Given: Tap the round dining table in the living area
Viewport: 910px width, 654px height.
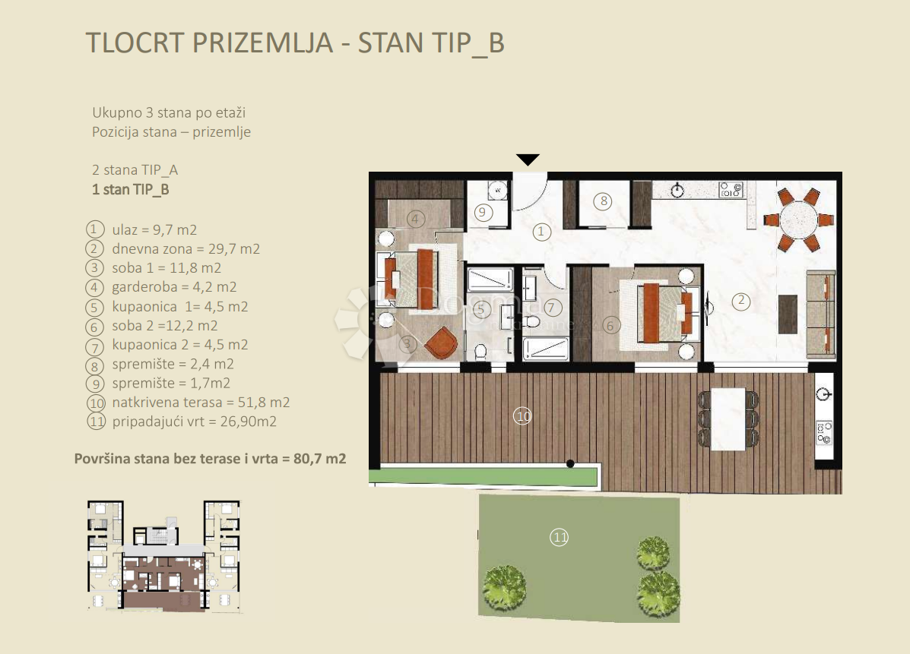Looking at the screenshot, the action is point(799,220).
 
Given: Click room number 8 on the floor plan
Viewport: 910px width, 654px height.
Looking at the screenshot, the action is point(604,201).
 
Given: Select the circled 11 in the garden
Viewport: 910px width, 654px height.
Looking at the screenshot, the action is point(559,538).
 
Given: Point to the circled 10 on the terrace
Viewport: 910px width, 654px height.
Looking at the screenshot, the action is point(522,415).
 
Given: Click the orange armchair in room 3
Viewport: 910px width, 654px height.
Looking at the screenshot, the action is point(440,343).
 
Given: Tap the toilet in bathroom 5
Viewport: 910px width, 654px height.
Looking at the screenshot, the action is point(480,352).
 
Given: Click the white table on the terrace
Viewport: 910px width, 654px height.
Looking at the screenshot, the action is point(728,419).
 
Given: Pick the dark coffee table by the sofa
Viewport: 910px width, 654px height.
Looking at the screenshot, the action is point(788,314).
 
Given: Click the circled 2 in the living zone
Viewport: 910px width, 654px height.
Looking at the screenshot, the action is point(741,301).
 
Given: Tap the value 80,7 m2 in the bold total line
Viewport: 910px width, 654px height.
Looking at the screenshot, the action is point(320,459).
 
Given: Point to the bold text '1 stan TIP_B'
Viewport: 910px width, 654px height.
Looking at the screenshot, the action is point(131,190).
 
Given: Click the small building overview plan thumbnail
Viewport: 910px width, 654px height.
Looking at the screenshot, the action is point(163,556).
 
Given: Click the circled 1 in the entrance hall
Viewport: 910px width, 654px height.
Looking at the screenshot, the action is point(541,232).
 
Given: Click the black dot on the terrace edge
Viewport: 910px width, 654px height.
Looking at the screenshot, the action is point(570,464).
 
